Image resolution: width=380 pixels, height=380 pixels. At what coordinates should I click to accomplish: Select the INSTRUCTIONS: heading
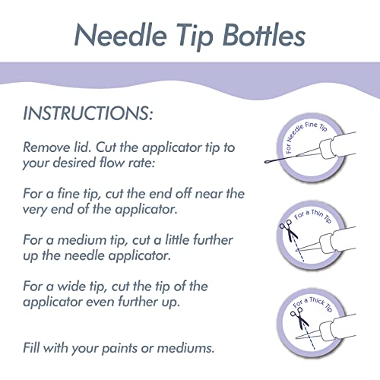click(x=88, y=114)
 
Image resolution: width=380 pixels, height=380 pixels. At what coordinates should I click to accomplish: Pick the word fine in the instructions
click(x=71, y=192)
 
